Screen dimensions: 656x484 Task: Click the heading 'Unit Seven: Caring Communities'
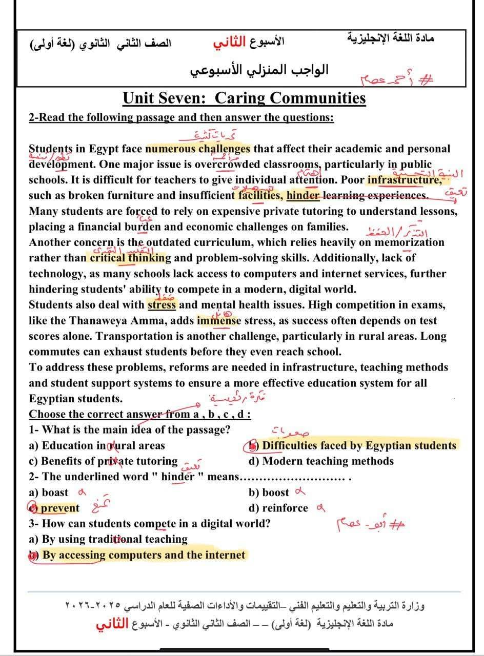click(x=245, y=98)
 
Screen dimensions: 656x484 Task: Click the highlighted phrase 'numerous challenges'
click(x=198, y=149)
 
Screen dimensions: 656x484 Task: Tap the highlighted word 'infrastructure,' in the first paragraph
click(x=404, y=180)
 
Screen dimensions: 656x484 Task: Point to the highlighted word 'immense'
click(x=218, y=321)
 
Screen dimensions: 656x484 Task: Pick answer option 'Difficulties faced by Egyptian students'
click(x=358, y=445)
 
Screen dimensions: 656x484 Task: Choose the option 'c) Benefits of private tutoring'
click(x=103, y=461)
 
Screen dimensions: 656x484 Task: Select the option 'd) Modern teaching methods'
click(x=321, y=461)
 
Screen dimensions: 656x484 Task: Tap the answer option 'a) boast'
click(x=49, y=493)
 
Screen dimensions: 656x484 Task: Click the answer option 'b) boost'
click(x=269, y=493)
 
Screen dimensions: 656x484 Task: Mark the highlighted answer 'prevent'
click(x=60, y=508)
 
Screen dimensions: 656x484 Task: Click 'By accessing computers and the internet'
click(x=144, y=555)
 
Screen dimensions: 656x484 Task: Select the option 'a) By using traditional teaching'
click(x=108, y=539)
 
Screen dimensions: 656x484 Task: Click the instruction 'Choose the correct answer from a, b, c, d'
click(x=139, y=414)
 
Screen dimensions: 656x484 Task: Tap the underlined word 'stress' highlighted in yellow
click(x=162, y=305)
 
